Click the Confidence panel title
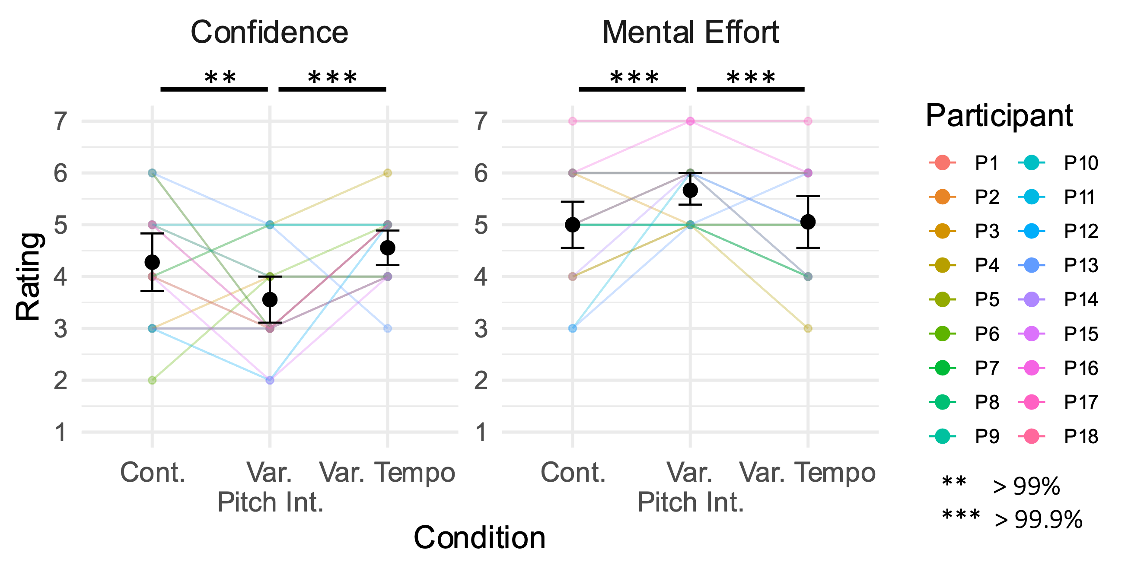(269, 32)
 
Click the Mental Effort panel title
(690, 32)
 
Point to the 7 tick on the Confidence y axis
(61, 121)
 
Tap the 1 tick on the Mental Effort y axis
(481, 432)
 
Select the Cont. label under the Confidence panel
(153, 472)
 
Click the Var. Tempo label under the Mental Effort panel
(808, 472)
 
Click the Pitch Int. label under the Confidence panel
(270, 502)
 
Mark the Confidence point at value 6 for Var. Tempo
(387, 173)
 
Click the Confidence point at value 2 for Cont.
(152, 380)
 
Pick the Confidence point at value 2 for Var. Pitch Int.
(270, 380)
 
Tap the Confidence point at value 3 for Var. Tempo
(387, 328)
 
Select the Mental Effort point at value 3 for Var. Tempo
(808, 328)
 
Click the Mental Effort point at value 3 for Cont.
(573, 328)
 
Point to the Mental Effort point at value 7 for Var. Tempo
(808, 121)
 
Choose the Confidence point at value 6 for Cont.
(152, 173)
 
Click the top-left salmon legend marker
(942, 162)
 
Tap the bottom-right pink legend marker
(1031, 436)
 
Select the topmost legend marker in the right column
(1031, 162)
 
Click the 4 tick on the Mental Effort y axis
(481, 276)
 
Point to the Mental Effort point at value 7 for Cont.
(573, 121)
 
